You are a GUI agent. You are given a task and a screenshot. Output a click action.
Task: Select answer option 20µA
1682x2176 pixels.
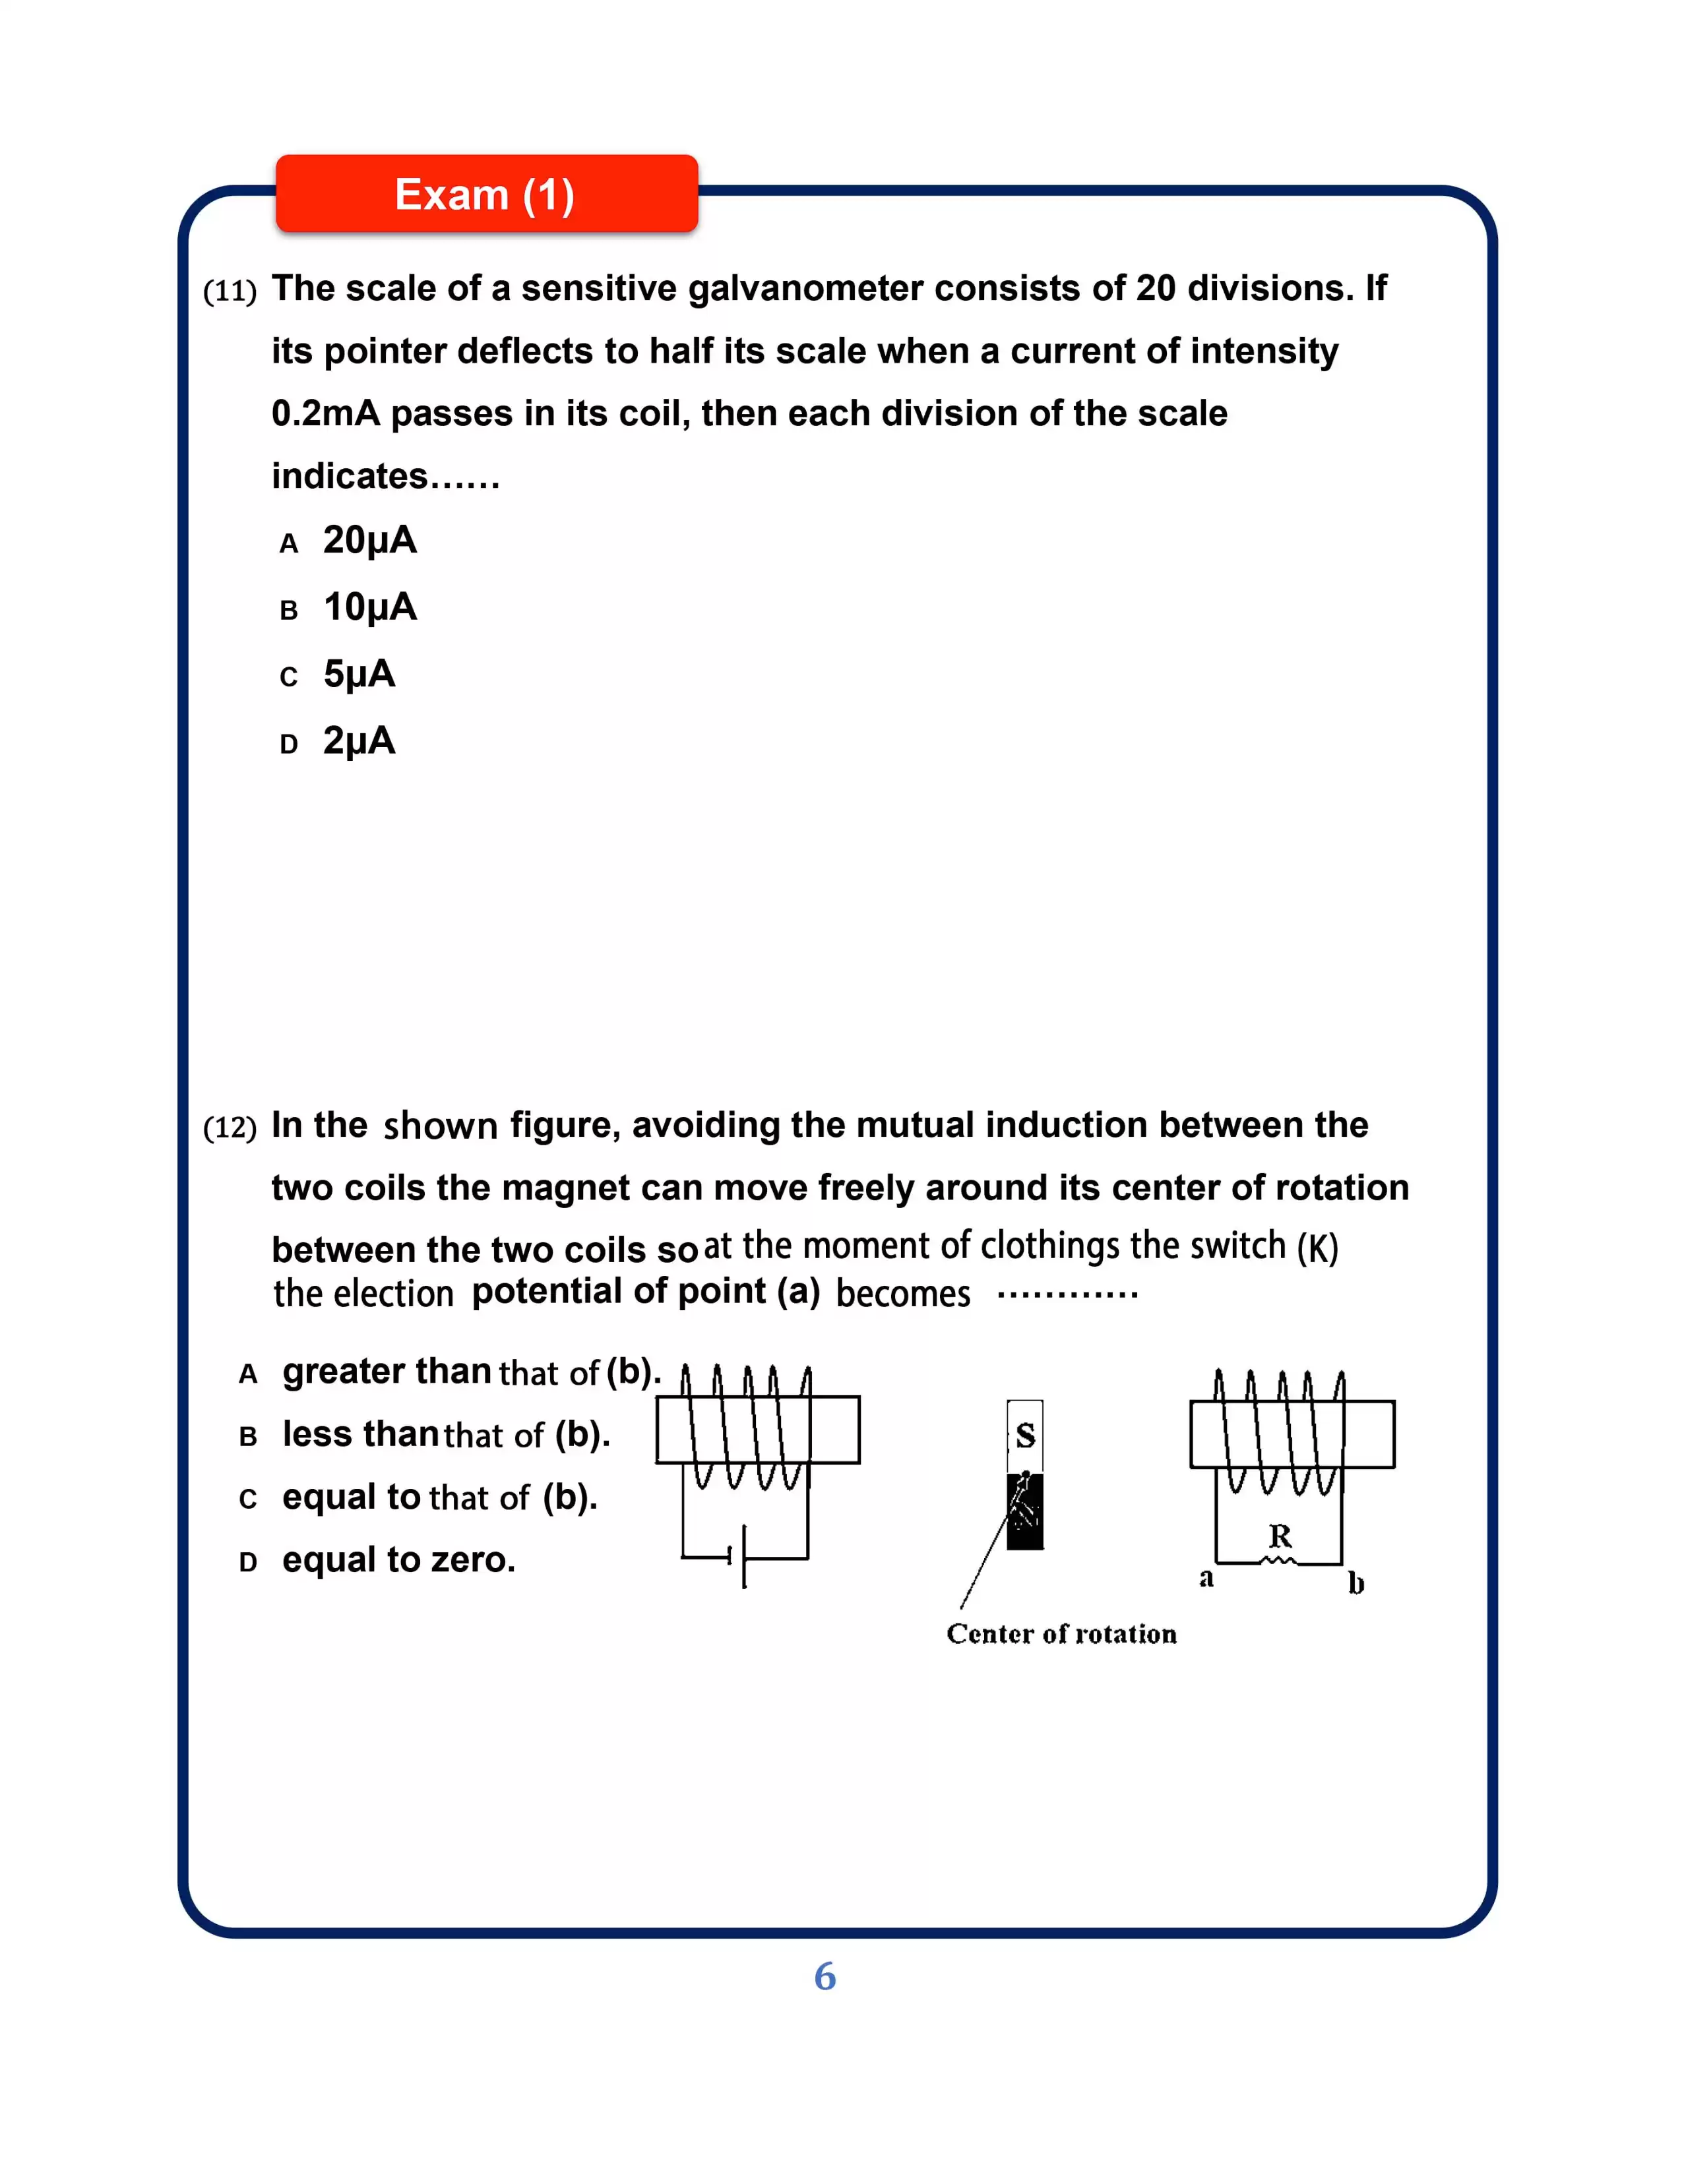click(369, 540)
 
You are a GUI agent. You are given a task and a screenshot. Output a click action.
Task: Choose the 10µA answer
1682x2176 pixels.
click(369, 607)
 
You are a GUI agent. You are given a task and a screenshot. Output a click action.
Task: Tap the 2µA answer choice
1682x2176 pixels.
click(359, 741)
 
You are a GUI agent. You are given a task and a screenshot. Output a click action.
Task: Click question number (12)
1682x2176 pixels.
click(229, 1128)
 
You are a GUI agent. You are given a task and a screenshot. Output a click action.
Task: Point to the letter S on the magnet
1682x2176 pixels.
click(1025, 1436)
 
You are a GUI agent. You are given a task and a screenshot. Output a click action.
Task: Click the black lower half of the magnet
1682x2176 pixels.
click(1025, 1513)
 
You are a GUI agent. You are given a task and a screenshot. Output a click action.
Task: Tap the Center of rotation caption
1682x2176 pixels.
click(1061, 1634)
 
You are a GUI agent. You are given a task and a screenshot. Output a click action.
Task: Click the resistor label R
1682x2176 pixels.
click(1280, 1535)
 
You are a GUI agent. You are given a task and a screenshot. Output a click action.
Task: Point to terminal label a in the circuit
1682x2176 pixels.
click(1206, 1578)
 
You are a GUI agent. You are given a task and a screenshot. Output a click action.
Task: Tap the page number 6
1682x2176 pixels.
click(825, 1977)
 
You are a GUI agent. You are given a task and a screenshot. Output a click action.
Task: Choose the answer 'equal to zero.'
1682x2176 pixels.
click(398, 1560)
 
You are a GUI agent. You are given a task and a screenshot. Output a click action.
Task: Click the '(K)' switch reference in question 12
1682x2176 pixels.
click(1317, 1248)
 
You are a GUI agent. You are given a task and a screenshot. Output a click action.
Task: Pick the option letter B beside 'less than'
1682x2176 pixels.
click(248, 1437)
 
